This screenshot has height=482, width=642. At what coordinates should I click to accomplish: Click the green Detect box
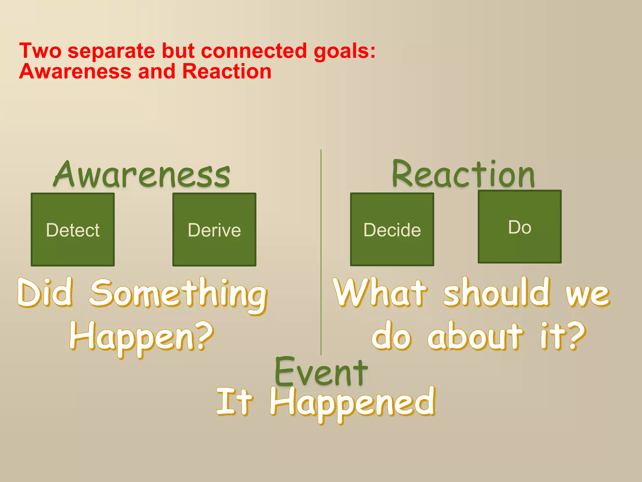tap(73, 230)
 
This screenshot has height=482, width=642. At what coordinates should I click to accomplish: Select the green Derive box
tap(214, 230)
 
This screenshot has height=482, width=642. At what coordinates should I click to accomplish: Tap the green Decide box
tap(392, 230)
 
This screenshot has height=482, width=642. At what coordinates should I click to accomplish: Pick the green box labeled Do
tap(519, 227)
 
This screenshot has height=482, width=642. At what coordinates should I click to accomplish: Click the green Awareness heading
tap(142, 174)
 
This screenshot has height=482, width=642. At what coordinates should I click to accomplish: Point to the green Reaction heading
tap(463, 174)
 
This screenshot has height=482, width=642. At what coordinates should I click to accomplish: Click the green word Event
tap(321, 372)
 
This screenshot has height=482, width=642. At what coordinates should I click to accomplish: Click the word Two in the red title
tap(40, 51)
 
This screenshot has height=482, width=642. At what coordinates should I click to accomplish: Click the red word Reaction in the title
tap(227, 72)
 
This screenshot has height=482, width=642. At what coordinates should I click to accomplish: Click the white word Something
tap(178, 294)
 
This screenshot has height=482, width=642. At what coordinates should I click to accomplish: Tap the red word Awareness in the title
tap(75, 72)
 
